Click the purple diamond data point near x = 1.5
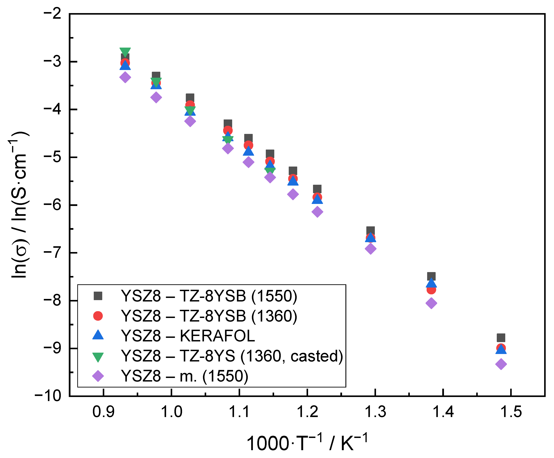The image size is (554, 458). (x=501, y=364)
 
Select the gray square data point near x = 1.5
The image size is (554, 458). (x=501, y=338)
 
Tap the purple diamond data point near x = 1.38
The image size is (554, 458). (x=431, y=303)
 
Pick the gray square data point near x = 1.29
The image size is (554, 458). (x=370, y=231)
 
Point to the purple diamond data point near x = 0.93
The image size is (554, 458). (x=125, y=77)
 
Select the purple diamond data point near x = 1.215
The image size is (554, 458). (x=317, y=212)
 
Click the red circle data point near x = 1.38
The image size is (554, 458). (x=431, y=290)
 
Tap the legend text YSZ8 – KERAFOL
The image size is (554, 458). (x=188, y=336)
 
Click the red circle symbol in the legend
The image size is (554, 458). (x=98, y=316)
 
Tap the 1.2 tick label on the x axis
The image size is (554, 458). (x=307, y=412)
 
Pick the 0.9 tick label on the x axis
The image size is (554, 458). (x=103, y=412)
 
